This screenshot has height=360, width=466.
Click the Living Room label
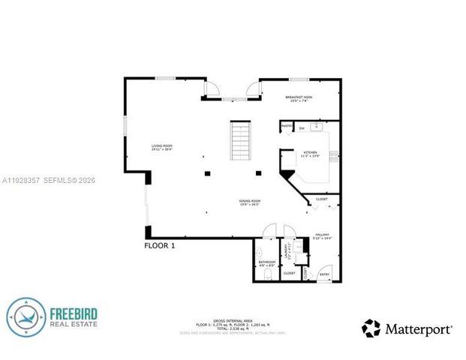coord(163,147)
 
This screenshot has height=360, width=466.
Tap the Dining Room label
coord(250,202)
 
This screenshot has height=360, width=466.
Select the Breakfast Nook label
coord(298,97)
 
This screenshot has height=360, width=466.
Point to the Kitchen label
coord(311,153)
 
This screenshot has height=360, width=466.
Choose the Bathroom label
coord(266,262)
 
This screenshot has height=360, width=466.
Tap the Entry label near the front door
coord(324,274)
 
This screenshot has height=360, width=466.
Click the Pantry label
coord(287,125)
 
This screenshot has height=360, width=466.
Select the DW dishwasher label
coord(301,129)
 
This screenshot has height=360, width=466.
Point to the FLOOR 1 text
coord(159,244)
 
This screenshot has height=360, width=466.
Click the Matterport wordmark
coord(419,328)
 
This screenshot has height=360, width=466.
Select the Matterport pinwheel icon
coord(371,328)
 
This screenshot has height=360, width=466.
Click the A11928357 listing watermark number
coord(21,180)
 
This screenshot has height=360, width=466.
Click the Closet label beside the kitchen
coord(321,199)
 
